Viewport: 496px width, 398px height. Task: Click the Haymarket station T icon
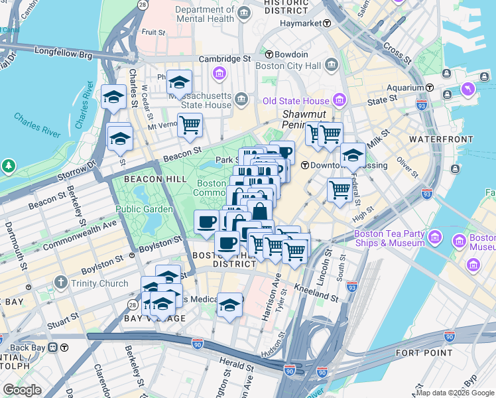(x=327, y=23)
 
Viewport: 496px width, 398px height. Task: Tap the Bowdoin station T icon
(x=269, y=54)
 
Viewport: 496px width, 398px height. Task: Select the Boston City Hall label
(x=292, y=65)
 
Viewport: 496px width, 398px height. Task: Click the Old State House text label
(x=296, y=101)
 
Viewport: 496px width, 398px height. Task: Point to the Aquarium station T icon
(x=430, y=88)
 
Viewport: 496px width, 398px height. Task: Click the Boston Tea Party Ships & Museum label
(x=389, y=238)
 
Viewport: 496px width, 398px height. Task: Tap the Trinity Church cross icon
(x=60, y=283)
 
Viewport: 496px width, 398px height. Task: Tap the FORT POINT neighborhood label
(x=424, y=353)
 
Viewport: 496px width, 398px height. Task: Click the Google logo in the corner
(x=22, y=389)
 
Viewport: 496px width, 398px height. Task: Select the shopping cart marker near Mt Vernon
(x=190, y=124)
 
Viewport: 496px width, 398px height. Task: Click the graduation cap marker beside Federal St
(x=353, y=155)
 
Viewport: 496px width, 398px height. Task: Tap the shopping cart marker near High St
(x=340, y=189)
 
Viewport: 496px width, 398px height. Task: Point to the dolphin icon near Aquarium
(x=469, y=88)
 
